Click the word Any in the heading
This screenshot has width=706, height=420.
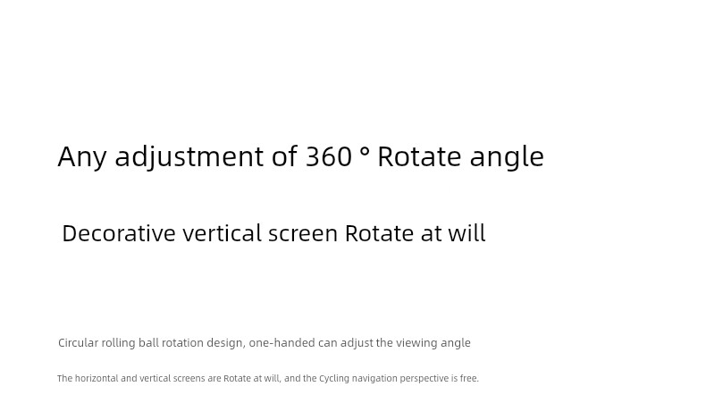pos(82,157)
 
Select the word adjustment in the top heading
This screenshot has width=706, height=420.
pos(189,157)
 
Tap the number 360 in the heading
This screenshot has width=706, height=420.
pos(329,156)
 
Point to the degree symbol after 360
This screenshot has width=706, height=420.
pos(366,151)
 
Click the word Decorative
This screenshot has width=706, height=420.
pos(119,233)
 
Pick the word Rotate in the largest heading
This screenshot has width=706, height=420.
pos(420,156)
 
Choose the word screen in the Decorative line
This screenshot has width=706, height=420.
pos(303,234)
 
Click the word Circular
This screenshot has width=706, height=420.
pos(79,342)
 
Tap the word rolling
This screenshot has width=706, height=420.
pos(119,343)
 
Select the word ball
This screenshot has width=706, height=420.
pos(148,342)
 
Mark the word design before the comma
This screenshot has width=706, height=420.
pos(224,343)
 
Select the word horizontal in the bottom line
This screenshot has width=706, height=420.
pos(97,378)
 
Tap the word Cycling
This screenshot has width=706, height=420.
pos(334,379)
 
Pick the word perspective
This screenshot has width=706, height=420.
pos(424,379)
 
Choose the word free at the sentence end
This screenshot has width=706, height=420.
pos(467,378)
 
